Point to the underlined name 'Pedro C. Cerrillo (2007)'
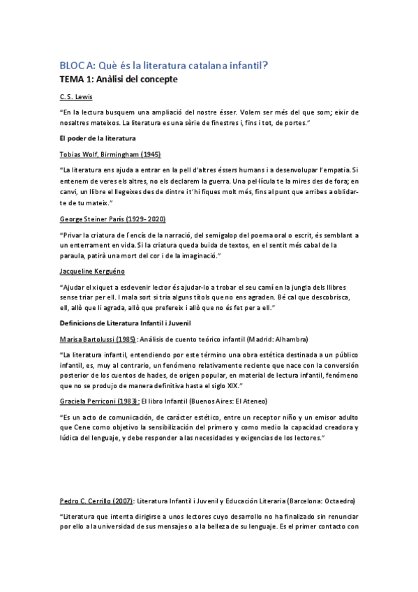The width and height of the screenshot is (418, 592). [x=96, y=501]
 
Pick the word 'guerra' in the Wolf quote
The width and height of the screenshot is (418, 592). [x=183, y=181]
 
